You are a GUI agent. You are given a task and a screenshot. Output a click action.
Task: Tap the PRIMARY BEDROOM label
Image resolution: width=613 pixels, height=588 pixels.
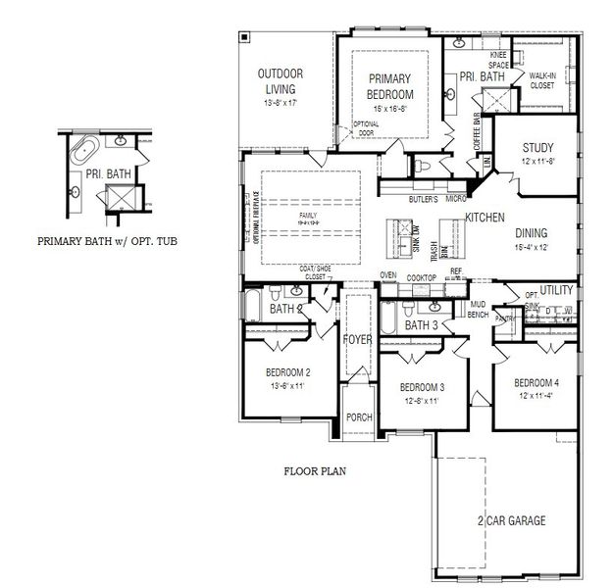[390, 86]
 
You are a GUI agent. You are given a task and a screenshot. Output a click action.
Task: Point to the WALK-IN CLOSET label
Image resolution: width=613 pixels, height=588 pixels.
[541, 80]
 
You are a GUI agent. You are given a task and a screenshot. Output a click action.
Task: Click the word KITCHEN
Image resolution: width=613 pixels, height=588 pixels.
[485, 217]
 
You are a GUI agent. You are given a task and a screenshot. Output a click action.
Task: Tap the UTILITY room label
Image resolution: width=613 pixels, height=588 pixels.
[556, 291]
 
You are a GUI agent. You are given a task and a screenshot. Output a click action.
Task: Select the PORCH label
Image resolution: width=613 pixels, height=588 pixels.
[359, 417]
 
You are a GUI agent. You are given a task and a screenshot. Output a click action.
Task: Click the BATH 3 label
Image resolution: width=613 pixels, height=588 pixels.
[421, 325]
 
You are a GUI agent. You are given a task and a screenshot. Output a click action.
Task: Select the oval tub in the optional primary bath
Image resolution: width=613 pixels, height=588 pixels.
[84, 153]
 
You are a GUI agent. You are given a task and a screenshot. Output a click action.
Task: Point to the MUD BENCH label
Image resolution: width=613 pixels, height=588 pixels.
[478, 310]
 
